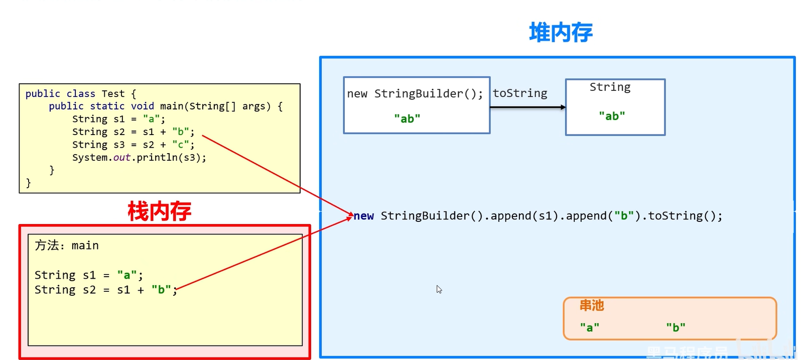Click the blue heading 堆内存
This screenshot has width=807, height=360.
coord(561,33)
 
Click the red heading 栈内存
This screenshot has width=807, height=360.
coord(159,211)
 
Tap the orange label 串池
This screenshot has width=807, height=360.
coord(592,305)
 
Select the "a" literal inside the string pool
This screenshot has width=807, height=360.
coord(589,327)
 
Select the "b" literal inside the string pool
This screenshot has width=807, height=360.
coord(676,327)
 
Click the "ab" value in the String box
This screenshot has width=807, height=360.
coord(612,116)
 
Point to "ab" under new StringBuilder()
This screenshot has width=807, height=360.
coord(407,118)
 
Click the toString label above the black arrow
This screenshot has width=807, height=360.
coord(520,93)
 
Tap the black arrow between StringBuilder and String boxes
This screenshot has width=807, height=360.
coord(527,107)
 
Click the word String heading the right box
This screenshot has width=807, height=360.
coord(610,87)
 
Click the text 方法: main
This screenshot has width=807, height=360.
coord(67,246)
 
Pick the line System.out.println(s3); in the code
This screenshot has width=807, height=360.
coord(139,158)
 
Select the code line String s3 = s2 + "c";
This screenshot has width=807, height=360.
coord(133,145)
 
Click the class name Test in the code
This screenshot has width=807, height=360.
coord(113,94)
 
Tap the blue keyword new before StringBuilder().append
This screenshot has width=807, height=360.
coord(364,216)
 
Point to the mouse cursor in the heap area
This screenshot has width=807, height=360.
coord(439,289)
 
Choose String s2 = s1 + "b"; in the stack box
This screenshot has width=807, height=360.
coord(105,290)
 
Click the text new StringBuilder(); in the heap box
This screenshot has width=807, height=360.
coord(415,94)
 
